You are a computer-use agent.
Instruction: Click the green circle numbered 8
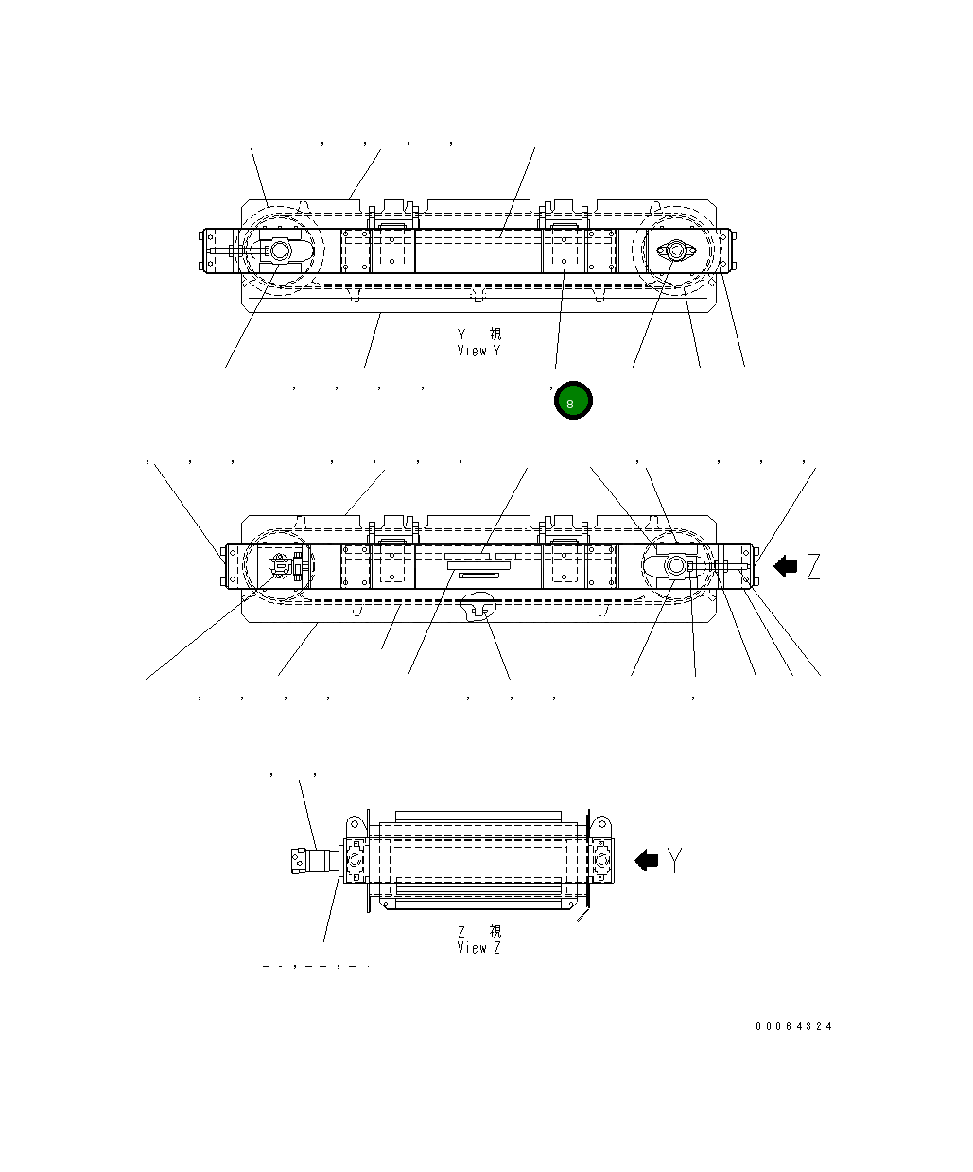tap(572, 402)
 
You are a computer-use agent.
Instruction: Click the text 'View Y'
tap(478, 351)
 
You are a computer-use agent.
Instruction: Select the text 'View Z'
tap(478, 947)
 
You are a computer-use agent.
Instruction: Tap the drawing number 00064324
tap(793, 1026)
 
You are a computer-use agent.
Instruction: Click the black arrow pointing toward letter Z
tap(785, 567)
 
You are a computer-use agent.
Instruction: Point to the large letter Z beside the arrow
tap(812, 567)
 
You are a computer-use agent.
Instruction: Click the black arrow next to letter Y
tap(647, 860)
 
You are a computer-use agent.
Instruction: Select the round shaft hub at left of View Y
tap(280, 251)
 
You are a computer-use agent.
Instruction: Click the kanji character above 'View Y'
tap(495, 335)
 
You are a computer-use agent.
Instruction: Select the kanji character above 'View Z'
tap(495, 931)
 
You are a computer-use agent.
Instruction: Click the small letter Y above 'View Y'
tap(462, 335)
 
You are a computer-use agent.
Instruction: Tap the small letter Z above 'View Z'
tap(462, 931)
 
